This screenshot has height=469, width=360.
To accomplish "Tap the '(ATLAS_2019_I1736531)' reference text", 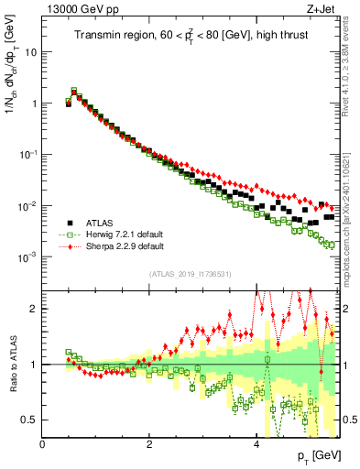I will [x=190, y=273].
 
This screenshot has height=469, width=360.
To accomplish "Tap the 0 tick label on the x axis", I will [x=42, y=444].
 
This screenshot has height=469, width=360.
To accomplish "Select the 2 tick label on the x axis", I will [x=148, y=444].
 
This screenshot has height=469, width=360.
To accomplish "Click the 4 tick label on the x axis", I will [x=256, y=444].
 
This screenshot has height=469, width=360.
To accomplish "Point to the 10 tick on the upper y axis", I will [x=32, y=52].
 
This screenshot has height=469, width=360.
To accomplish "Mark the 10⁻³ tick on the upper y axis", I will [x=28, y=257].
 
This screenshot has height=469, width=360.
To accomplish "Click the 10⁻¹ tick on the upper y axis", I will [x=28, y=155].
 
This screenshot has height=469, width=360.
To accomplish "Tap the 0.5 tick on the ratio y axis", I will [x=30, y=420].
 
